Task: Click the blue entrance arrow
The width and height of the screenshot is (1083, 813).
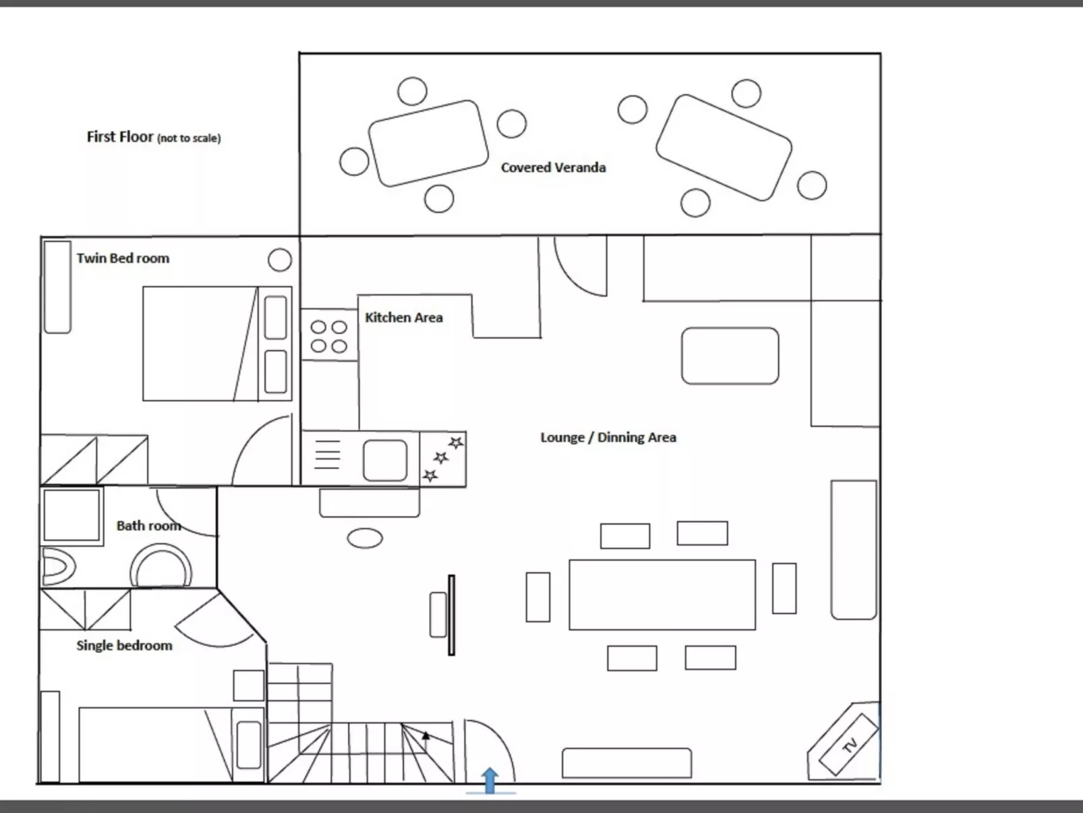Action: coord(490,781)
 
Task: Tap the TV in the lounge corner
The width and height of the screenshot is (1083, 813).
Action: coord(848,745)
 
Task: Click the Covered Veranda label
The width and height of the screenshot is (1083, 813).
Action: coord(553,168)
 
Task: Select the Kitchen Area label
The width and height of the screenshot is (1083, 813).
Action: coord(404,317)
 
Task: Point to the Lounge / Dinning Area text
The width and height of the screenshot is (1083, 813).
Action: coord(608,437)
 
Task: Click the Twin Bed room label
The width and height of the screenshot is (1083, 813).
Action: coord(123,258)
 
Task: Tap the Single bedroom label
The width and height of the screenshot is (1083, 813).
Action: coord(124,646)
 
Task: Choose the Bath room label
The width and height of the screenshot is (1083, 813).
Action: coord(148,526)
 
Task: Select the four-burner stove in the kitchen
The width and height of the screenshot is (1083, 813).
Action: coord(329,336)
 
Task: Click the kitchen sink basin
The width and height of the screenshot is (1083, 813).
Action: coord(385,460)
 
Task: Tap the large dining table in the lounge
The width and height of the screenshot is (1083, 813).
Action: coord(662,595)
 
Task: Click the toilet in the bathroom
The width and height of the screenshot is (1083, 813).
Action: coord(59,567)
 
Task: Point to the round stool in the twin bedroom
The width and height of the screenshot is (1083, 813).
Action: coord(280,260)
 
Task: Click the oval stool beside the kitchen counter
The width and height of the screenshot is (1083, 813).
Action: coord(365,538)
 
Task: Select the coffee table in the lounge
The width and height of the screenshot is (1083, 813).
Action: coord(730,356)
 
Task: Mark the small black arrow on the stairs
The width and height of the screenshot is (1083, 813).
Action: coord(426,736)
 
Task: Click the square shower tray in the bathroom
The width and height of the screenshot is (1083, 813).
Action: coord(71,516)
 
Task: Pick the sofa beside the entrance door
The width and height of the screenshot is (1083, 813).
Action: coord(626,763)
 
